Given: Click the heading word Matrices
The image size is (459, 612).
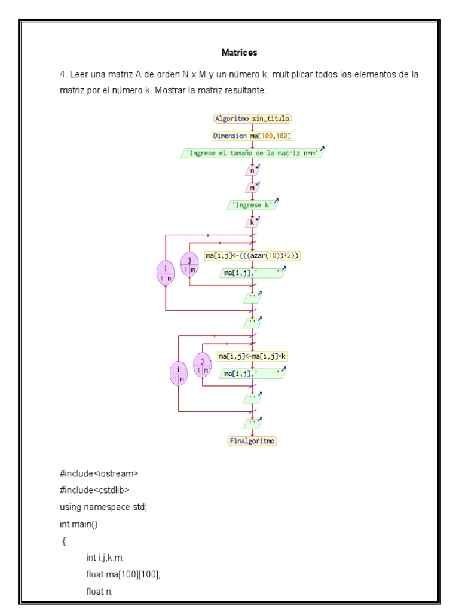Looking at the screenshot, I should click(x=239, y=53).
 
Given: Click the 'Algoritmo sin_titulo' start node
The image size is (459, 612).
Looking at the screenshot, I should click(x=252, y=119).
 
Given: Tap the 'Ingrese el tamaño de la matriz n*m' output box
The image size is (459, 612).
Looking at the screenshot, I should click(x=252, y=153).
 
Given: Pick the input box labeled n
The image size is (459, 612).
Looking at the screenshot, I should click(x=252, y=170).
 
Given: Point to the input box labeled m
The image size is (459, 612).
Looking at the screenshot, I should click(x=252, y=188).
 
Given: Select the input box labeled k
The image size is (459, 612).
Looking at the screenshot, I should click(x=252, y=222).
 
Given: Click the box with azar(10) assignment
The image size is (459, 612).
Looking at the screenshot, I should click(x=252, y=256).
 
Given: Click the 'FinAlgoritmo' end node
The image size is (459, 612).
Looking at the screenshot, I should click(x=253, y=441).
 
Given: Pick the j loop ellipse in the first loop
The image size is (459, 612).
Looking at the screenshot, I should click(x=189, y=264).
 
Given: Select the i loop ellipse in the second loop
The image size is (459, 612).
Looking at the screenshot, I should click(x=179, y=374).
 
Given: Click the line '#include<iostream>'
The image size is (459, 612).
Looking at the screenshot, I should click(x=99, y=474).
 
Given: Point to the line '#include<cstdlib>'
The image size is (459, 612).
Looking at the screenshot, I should click(x=94, y=491).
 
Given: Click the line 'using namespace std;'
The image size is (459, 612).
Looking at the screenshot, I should click(x=103, y=507).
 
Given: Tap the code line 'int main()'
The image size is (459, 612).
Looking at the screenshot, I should click(x=81, y=524).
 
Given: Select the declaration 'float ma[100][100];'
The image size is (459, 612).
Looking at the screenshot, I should click(x=124, y=574).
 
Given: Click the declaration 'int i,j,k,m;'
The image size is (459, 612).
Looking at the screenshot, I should click(x=105, y=558).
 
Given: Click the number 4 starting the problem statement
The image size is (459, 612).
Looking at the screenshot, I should click(x=62, y=75).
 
